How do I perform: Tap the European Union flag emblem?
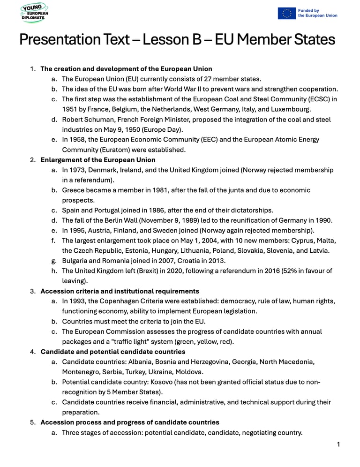[x=286, y=13]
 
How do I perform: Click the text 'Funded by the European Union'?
[x=317, y=13]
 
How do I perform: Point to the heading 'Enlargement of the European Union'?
[x=98, y=160]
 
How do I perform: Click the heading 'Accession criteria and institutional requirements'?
[x=120, y=291]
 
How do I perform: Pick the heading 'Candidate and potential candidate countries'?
[x=113, y=352]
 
